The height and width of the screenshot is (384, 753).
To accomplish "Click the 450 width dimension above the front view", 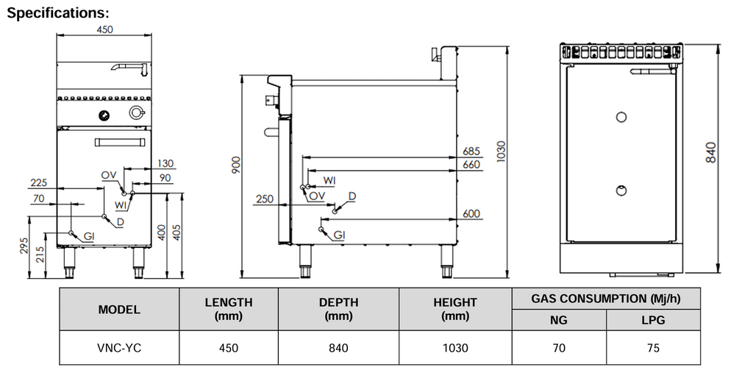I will (x=105, y=29).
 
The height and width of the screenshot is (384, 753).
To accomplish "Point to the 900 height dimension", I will (x=236, y=166).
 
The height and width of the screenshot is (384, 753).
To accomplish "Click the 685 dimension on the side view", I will (x=471, y=152).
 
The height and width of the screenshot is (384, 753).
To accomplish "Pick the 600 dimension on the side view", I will (x=471, y=214).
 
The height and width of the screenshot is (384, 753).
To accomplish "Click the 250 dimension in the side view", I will (x=264, y=199).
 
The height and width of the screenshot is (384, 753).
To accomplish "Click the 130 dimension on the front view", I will (x=165, y=163).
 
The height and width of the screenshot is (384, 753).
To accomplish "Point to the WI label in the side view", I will (x=330, y=180).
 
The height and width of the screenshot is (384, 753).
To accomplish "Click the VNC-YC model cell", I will (x=118, y=348).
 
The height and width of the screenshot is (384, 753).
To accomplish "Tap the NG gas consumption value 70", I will (x=559, y=348).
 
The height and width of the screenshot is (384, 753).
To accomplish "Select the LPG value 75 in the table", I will (x=653, y=348).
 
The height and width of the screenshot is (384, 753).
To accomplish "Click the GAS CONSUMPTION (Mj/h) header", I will (x=605, y=298).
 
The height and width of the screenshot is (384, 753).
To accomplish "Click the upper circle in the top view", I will (x=621, y=116).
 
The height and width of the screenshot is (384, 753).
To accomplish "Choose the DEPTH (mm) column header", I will (x=338, y=309).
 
